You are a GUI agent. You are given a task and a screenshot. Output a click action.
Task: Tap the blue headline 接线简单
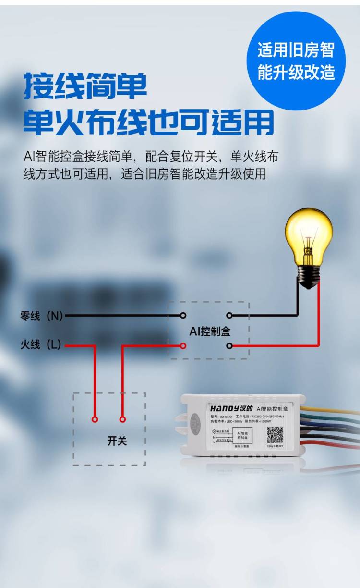pos(85,86)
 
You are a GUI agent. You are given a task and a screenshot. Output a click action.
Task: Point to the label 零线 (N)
pos(42,316)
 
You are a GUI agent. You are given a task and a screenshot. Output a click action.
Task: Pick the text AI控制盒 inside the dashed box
pos(210,331)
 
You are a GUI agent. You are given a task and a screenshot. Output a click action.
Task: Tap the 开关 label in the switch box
pos(117,441)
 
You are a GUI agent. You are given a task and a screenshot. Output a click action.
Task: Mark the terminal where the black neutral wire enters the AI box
pos(182,316)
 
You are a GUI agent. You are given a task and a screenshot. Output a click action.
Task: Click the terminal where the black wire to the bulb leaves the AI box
pos(229,316)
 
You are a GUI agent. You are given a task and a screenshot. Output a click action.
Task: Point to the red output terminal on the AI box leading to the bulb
pos(229,345)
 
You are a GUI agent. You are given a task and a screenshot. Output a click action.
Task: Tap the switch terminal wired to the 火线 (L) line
pos(95,419)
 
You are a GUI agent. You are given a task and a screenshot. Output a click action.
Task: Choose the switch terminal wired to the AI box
pos(122,419)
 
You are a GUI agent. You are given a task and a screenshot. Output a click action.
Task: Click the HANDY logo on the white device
pos(227,408)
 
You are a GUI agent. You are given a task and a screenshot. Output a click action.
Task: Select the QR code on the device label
pos(275,434)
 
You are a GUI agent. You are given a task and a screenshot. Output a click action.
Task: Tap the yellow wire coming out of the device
pos(336,411)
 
